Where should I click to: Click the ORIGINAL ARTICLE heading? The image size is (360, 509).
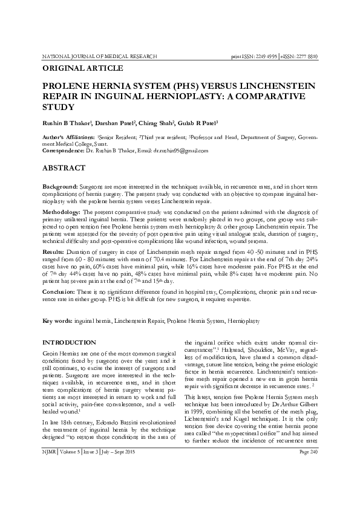click(x=82, y=68)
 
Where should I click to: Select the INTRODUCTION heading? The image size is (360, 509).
click(x=70, y=342)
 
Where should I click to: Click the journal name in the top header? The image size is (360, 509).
click(x=99, y=56)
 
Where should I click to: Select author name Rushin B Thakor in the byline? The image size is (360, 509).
click(x=67, y=123)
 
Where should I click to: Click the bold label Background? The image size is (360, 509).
click(x=59, y=189)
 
